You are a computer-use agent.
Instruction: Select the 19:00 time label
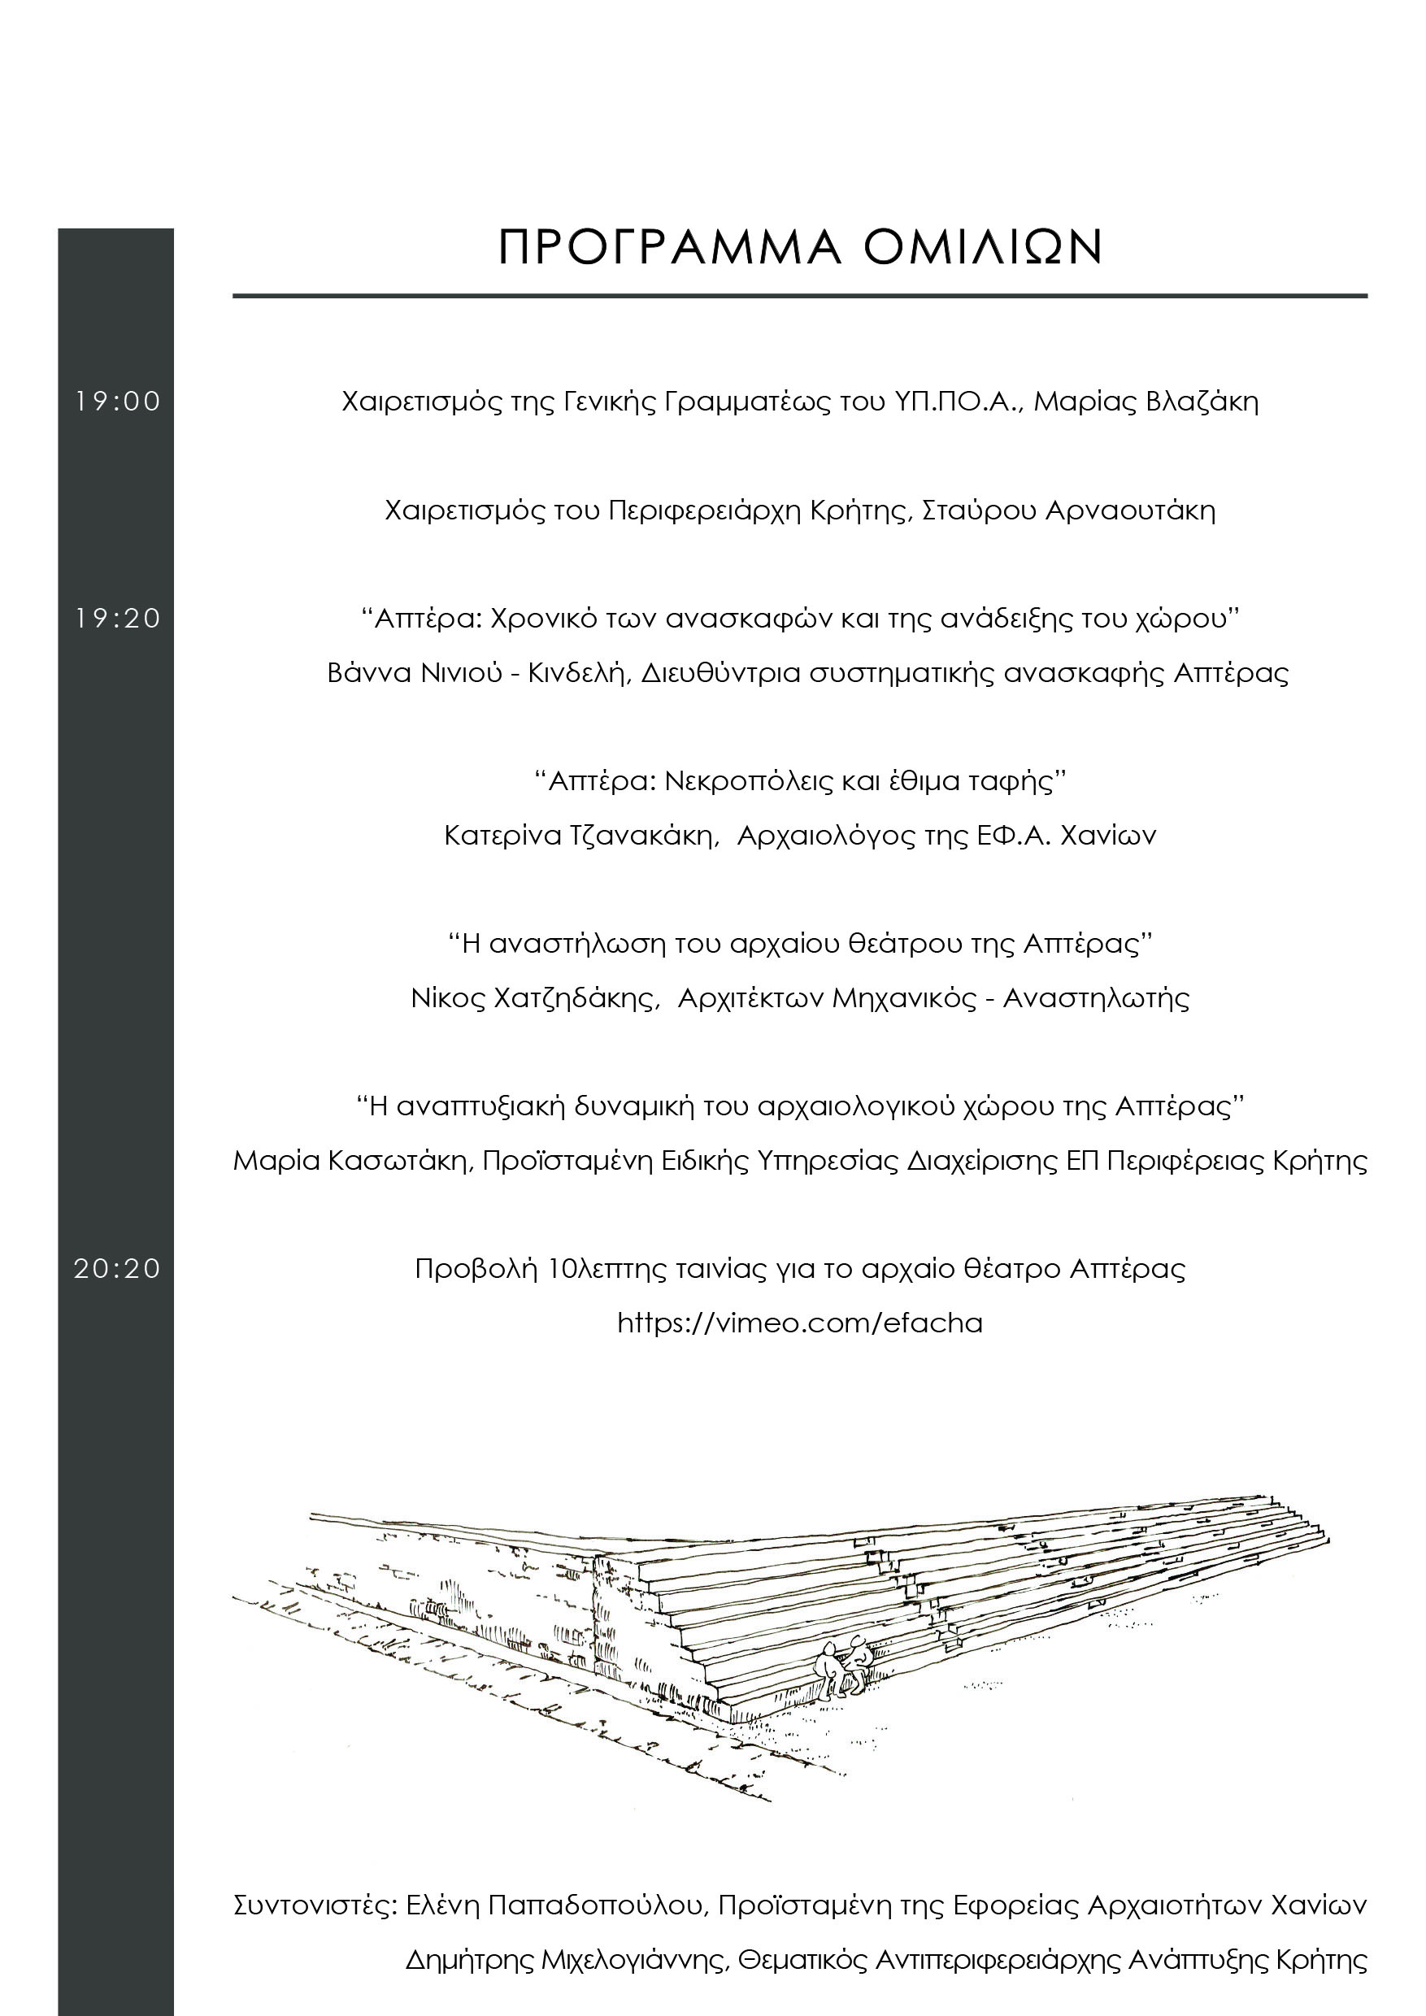coord(118,402)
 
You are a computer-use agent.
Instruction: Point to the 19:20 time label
coord(118,618)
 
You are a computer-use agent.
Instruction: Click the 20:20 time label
coord(118,1268)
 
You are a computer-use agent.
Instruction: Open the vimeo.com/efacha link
coord(800,1323)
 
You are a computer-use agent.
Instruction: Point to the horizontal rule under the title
coord(800,296)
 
